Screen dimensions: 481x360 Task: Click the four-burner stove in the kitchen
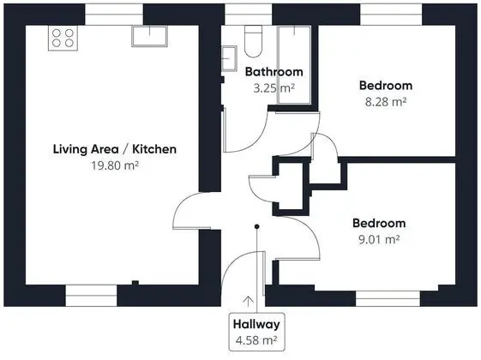63,38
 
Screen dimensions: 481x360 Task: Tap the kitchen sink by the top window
150,36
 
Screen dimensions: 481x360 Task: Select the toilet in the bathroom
254,41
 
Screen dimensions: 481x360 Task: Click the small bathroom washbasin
229,58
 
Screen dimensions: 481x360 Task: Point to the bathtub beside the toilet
294,65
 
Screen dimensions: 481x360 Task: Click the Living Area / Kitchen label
115,149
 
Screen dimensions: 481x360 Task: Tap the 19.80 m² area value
115,165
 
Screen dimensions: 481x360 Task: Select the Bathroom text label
274,72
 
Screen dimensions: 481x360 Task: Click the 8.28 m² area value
386,101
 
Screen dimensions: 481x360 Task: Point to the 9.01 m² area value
379,239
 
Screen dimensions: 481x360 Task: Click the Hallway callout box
256,332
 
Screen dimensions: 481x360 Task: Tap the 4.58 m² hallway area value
256,340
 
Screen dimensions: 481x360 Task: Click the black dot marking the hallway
256,226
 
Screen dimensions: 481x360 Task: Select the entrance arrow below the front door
248,301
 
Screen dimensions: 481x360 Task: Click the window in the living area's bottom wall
91,296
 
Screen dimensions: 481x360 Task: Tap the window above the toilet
249,15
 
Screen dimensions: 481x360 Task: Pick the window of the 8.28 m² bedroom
391,15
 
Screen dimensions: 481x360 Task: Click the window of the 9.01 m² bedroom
388,298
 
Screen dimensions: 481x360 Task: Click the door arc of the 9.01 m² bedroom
312,231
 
